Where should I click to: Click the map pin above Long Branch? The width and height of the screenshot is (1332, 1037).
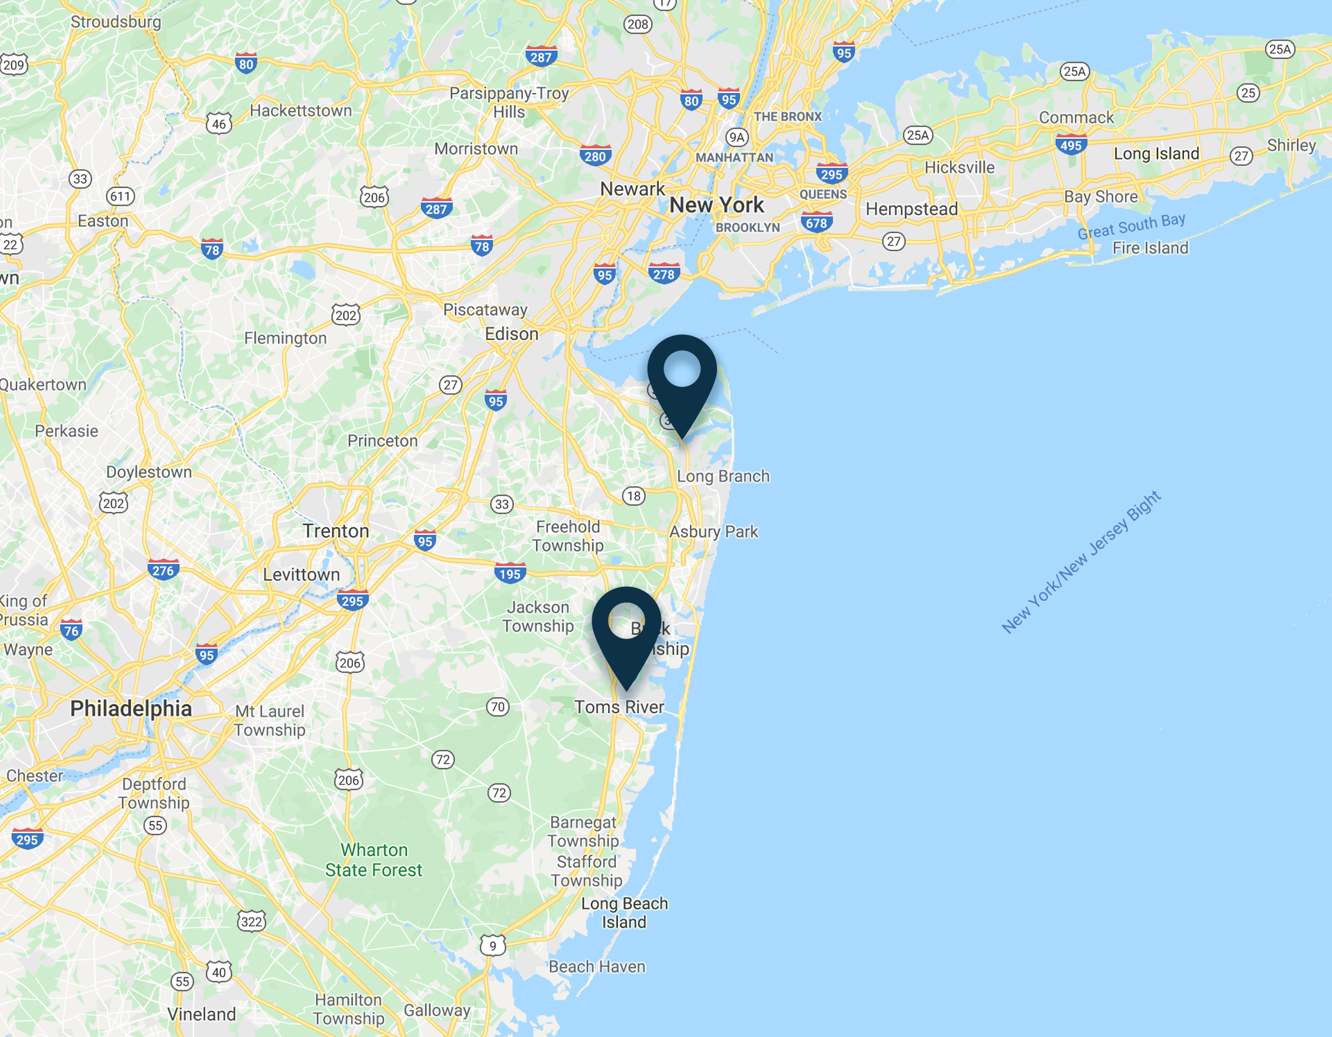point(682,378)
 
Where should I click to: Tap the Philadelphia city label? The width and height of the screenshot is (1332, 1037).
point(131,708)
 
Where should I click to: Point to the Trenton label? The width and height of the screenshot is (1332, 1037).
point(335,531)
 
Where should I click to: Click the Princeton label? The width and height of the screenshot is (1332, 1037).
point(383,441)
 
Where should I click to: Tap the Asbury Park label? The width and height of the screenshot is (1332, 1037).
point(713,531)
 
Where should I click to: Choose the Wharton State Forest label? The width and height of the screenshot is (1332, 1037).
point(373,860)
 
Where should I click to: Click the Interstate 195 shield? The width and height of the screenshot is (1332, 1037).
point(510,573)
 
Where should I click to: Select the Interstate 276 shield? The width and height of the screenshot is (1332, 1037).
point(163,570)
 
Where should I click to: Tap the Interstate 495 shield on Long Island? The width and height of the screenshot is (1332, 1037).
point(1071,145)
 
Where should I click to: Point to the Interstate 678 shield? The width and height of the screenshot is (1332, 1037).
point(817,222)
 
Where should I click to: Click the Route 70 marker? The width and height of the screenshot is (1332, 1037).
point(497,706)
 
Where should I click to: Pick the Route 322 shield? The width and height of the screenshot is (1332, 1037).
point(251,921)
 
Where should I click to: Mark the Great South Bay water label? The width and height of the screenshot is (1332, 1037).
point(1131,226)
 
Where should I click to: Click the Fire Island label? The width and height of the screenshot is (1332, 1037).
point(1150,248)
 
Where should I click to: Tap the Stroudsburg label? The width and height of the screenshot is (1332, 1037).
point(116,22)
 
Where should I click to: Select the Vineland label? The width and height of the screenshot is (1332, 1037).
point(201,1014)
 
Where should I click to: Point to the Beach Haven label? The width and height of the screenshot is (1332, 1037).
point(596,966)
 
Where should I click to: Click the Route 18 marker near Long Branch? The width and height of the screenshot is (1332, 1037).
point(633,495)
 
